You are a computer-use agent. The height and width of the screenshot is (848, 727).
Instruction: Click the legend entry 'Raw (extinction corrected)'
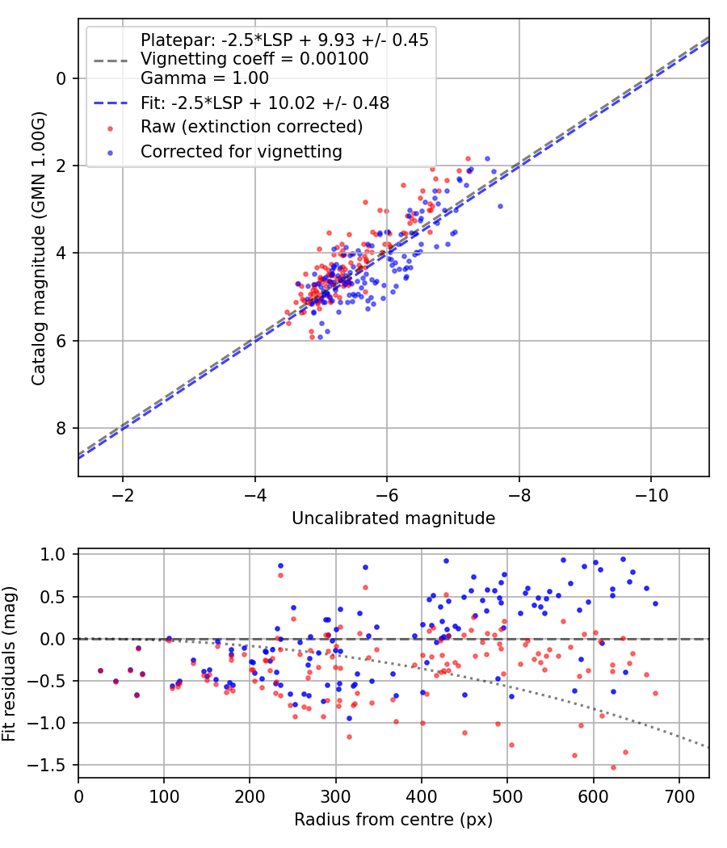(251, 127)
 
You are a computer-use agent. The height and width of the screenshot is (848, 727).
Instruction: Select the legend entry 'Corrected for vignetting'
(242, 151)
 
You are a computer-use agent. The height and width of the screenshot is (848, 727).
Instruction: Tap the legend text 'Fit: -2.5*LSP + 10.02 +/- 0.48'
(265, 103)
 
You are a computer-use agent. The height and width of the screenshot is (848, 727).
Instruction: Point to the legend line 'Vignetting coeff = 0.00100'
(254, 59)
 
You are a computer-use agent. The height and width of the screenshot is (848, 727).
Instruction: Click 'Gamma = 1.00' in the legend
(204, 78)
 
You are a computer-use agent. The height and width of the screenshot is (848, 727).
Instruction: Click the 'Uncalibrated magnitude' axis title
(393, 518)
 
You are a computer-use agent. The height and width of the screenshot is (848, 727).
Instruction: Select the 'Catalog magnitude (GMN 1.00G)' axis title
(39, 249)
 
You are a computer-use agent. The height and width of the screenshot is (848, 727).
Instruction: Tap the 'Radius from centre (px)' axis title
(393, 820)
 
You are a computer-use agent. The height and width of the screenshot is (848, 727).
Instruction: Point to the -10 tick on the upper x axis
(651, 495)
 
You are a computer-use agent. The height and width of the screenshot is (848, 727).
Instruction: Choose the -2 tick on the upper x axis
(123, 495)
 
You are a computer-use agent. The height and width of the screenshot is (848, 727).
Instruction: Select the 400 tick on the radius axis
(421, 796)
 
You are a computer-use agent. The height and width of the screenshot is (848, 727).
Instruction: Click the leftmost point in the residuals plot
(101, 670)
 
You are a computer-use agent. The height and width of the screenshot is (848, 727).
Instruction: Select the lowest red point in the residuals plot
(613, 767)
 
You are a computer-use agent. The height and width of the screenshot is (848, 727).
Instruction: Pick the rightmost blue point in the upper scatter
(500, 206)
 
